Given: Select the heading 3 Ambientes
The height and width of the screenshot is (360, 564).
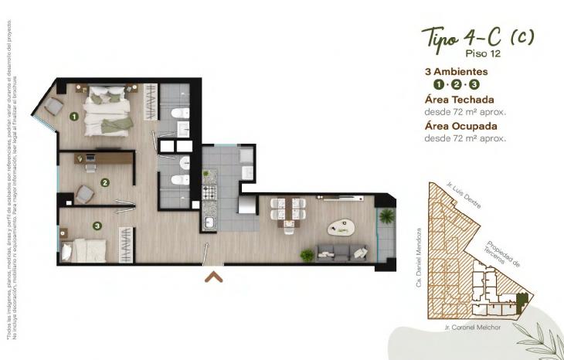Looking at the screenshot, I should pos(456,71).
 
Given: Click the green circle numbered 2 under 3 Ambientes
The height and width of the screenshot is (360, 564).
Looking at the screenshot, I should pos(456,84).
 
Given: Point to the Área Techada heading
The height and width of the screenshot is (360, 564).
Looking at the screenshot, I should pos(459,99).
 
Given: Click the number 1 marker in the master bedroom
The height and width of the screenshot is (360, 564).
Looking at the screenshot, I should pos(74,117).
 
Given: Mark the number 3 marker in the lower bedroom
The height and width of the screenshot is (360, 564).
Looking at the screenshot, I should pos(97,226).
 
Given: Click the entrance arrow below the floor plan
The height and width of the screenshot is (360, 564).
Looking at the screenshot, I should pos(214,276).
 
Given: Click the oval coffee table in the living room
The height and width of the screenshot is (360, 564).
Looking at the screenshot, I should pos(340,227).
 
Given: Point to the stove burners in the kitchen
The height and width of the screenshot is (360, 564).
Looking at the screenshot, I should pos(209,191).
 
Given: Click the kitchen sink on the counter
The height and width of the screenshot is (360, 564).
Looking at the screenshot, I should pos(209,223).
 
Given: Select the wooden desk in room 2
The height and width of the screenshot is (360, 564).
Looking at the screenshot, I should pos(104,158).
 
